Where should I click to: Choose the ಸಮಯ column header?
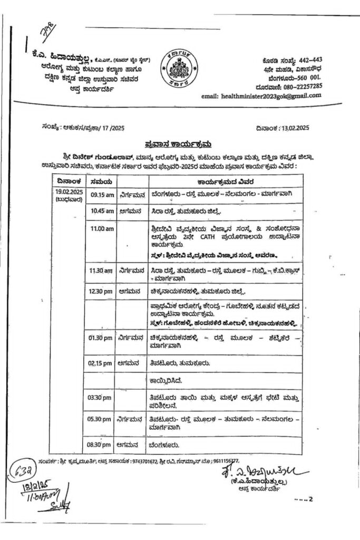point(101,181)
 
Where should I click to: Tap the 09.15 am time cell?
point(102,195)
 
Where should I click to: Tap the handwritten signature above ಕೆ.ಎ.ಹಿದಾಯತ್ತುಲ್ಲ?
point(257,469)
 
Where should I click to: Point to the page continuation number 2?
point(310,498)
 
